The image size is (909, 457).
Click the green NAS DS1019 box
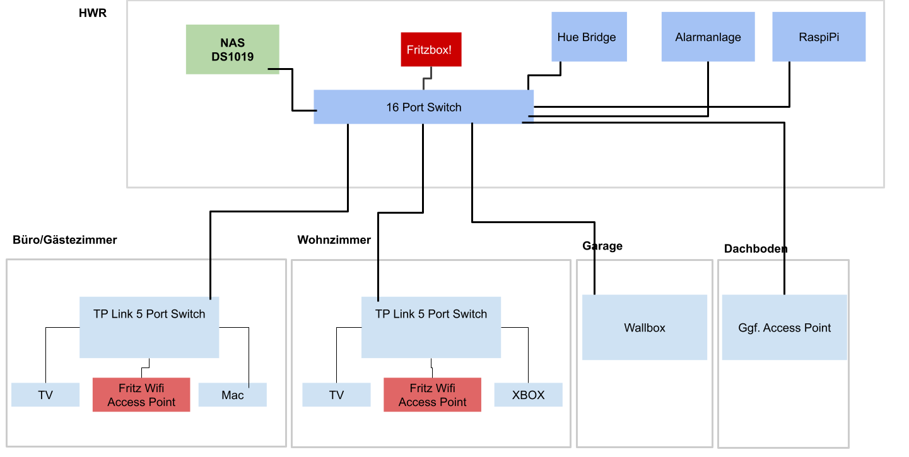232,49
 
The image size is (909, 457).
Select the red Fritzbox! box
431,49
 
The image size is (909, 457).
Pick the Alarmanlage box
708,37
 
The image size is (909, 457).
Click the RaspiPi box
819,37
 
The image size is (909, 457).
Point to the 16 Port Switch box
423,107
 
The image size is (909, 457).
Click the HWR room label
93,13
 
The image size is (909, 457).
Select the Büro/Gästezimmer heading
64,240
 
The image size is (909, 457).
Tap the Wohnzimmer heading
334,240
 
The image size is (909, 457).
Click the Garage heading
602,246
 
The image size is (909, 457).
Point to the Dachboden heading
755,249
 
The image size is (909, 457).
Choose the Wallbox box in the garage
644,327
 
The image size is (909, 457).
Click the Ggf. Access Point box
784,328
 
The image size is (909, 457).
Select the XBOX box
528,395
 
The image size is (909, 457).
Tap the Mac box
232,395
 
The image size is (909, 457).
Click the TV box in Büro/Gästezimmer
45,395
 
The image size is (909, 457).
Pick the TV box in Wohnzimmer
336,395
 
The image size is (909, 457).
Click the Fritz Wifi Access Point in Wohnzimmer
432,395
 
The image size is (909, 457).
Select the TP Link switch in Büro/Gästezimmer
149,327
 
